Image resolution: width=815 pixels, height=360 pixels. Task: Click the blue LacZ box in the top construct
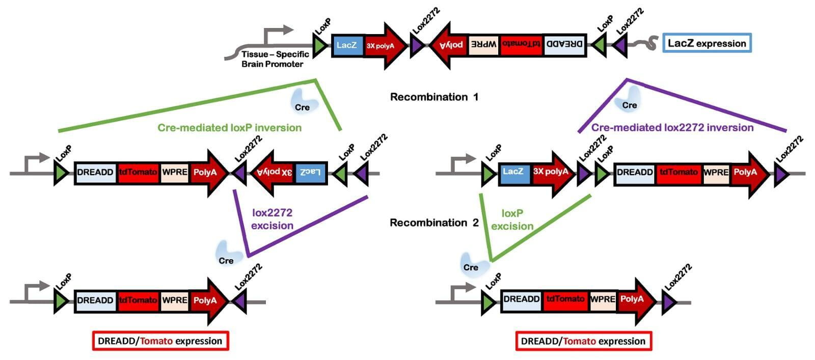click(346, 45)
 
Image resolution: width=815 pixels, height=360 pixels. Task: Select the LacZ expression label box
click(707, 43)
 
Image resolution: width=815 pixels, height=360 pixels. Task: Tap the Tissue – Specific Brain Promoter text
click(275, 59)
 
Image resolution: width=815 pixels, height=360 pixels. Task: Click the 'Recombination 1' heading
click(434, 97)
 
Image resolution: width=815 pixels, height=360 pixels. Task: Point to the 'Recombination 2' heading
click(434, 223)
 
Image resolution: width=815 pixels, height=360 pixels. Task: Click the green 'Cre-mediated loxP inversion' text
click(229, 127)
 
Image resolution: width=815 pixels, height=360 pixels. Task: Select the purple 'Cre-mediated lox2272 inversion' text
click(672, 127)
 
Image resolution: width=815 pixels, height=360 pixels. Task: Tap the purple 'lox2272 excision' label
click(272, 219)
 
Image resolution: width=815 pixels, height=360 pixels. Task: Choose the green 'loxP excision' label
click(512, 219)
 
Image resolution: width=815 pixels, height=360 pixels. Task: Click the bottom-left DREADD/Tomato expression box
click(160, 341)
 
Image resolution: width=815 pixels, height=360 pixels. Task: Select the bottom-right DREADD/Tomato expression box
click(584, 341)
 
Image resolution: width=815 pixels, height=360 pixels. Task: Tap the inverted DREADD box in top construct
click(564, 45)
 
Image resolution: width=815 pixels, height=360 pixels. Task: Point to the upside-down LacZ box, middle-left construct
click(310, 173)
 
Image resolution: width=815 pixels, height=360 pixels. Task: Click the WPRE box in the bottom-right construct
click(603, 299)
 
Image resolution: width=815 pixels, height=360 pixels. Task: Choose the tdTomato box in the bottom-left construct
click(138, 300)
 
